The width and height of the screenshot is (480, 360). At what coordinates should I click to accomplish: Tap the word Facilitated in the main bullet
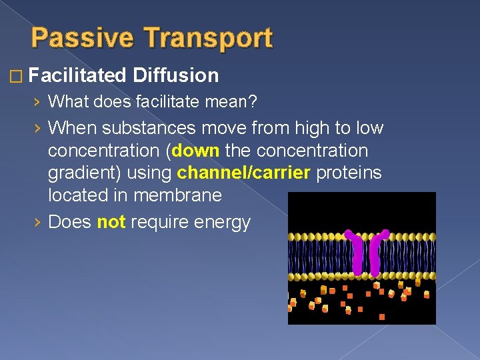tap(78, 75)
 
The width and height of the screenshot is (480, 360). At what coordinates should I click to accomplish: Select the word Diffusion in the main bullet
tap(176, 75)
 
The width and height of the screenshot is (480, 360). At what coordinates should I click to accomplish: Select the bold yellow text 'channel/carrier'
tap(245, 173)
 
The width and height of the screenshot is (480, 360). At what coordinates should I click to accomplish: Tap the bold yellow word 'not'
tap(111, 221)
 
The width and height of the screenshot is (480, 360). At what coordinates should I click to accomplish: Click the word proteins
tap(349, 173)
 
